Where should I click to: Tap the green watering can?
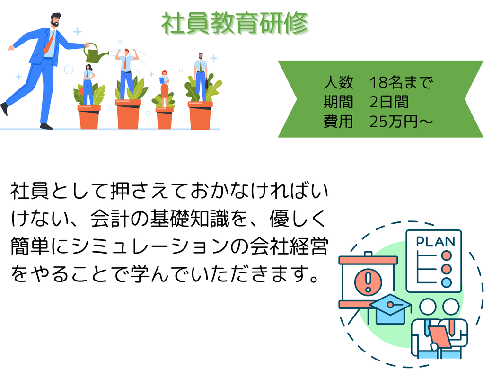pos(95,53)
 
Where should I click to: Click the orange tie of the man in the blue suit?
pos(49,42)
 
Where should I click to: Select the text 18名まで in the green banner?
pos(401,82)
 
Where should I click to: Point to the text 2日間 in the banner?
pos(389,102)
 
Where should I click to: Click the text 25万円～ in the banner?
pos(401,122)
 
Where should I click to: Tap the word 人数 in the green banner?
pos(338,82)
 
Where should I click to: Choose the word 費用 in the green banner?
pos(338,122)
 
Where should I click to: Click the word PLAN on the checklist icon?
pos(435,242)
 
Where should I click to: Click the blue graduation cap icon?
pos(390,309)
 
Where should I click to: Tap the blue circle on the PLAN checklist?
pos(446,282)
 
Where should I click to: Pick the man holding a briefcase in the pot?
pos(201,76)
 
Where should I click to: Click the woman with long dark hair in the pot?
pos(88,85)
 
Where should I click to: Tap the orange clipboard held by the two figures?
pos(440,336)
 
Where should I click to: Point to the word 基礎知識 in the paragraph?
pos(189,219)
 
